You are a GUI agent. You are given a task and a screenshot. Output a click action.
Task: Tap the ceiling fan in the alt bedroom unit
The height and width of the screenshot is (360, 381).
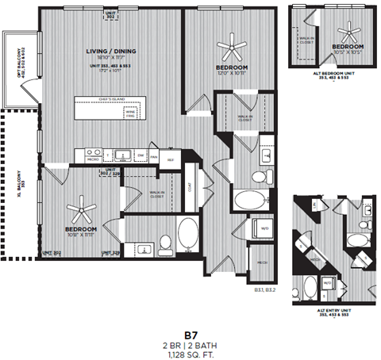[348, 33]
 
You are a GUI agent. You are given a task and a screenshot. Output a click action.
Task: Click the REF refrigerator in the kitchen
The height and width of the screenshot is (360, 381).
[171, 159]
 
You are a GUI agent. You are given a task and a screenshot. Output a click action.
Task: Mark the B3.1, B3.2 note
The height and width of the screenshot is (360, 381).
[264, 291]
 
